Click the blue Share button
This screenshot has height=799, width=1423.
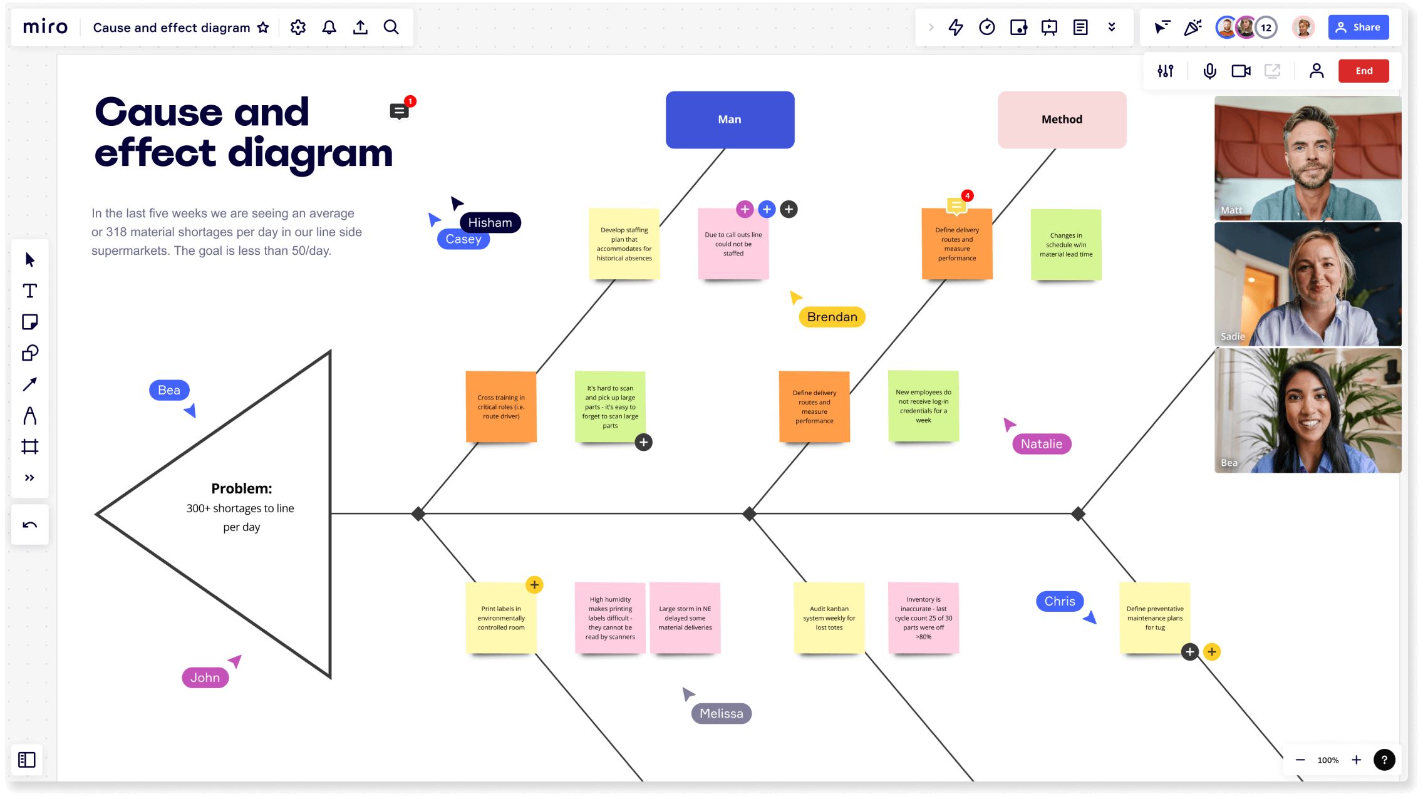click(1358, 27)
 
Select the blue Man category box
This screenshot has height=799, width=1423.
click(730, 120)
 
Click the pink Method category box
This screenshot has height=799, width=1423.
click(1062, 120)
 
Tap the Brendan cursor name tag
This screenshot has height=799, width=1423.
click(832, 317)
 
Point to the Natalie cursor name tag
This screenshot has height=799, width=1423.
click(1041, 444)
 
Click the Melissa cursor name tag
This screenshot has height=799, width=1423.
click(721, 713)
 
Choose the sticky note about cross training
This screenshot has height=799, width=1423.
click(501, 407)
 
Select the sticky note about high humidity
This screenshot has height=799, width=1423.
click(610, 618)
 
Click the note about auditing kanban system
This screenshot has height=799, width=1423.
click(829, 618)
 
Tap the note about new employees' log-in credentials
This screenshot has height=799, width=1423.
click(923, 406)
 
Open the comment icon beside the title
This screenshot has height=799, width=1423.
click(399, 111)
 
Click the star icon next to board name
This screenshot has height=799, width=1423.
click(263, 28)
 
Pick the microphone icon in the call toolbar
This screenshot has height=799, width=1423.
click(1209, 71)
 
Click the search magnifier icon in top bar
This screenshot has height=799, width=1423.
click(391, 27)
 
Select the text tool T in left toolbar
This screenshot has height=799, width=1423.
click(29, 291)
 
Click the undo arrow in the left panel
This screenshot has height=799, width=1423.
click(29, 525)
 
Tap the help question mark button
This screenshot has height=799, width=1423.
click(1384, 760)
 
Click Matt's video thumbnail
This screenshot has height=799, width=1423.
click(1307, 158)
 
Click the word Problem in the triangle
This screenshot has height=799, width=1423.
click(241, 488)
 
